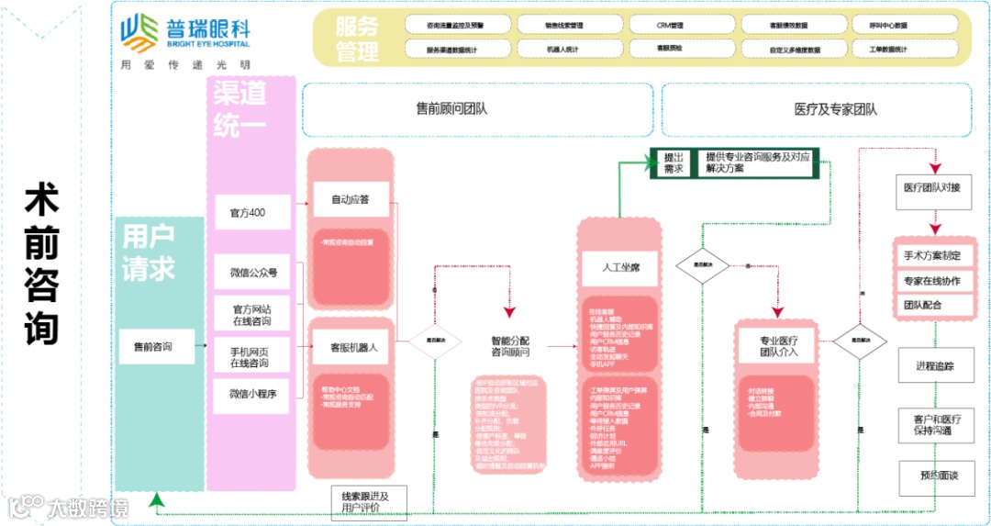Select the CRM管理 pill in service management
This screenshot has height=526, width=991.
point(670,25)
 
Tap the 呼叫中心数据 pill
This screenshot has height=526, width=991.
point(887,25)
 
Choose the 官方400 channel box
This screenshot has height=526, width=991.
point(252,213)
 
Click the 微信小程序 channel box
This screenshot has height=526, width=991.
point(252,394)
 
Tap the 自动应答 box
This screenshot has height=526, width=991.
point(350,199)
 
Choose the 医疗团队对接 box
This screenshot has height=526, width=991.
point(931,188)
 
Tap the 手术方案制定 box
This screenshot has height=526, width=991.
point(931,255)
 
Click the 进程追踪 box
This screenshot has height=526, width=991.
point(935,366)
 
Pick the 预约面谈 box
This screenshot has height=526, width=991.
point(935,476)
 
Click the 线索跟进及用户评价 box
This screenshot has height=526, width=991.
point(365,501)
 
